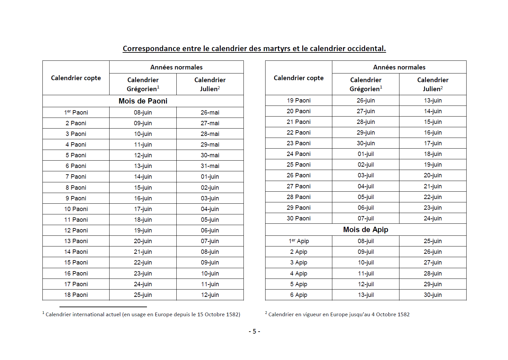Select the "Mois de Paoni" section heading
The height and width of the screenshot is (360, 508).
click(143, 101)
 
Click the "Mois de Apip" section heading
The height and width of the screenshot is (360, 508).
click(366, 230)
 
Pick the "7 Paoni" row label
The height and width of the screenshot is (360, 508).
click(76, 177)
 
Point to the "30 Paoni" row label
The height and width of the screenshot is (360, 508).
click(299, 218)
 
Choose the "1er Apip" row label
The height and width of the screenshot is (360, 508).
click(299, 241)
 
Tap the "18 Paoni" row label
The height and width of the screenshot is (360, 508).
click(76, 295)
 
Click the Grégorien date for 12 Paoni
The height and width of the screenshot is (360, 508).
click(143, 230)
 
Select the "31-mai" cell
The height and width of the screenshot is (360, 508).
click(210, 166)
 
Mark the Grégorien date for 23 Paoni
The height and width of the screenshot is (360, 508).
click(366, 143)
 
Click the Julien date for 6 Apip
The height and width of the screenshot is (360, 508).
click(433, 295)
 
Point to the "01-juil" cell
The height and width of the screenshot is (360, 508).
click(366, 154)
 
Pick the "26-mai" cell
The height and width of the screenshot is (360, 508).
click(210, 113)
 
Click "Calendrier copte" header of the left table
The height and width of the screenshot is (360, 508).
click(76, 78)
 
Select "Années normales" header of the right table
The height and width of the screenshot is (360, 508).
click(399, 67)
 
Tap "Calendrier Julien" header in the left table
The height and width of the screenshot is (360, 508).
click(210, 84)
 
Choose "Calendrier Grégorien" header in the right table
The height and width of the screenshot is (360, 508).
click(366, 84)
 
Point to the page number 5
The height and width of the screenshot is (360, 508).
click(254, 332)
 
